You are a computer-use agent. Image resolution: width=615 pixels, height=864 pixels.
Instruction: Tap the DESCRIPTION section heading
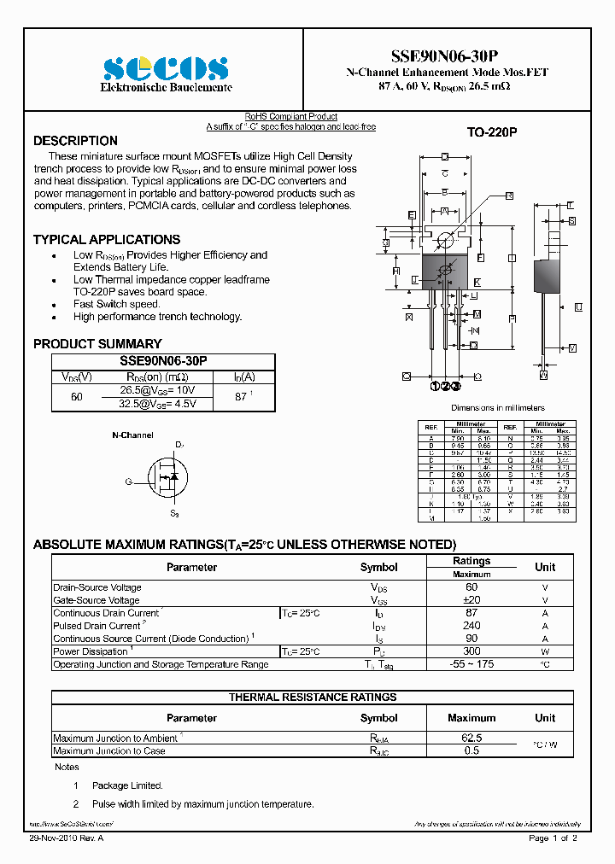pyautogui.click(x=75, y=141)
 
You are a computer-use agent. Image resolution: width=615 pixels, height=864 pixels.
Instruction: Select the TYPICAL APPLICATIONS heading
pyautogui.click(x=107, y=240)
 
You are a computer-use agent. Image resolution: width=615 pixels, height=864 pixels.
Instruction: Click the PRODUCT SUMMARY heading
pyautogui.click(x=97, y=344)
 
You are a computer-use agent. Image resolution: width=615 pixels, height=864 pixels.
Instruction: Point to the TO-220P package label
pyautogui.click(x=493, y=133)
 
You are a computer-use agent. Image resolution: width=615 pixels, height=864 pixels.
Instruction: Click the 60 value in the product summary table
pyautogui.click(x=77, y=397)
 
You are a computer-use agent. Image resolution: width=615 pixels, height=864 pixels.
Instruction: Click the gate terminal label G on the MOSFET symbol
pyautogui.click(x=128, y=482)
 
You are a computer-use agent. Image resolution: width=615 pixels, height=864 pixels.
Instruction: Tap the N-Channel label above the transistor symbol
pyautogui.click(x=133, y=435)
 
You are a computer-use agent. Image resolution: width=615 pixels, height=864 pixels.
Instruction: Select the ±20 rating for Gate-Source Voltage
pyautogui.click(x=471, y=600)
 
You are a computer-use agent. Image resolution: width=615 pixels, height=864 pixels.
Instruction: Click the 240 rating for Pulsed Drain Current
pyautogui.click(x=471, y=626)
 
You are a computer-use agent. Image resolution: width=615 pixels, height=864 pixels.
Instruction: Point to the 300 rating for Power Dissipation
pyautogui.click(x=471, y=651)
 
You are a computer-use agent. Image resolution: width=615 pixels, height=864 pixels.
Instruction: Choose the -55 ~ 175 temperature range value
pyautogui.click(x=471, y=664)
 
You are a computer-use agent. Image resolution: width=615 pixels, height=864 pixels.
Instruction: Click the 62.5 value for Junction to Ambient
pyautogui.click(x=471, y=738)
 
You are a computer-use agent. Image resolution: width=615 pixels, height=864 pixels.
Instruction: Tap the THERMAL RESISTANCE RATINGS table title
pyautogui.click(x=313, y=698)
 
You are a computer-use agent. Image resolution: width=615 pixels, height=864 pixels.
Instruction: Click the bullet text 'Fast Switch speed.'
pyautogui.click(x=116, y=304)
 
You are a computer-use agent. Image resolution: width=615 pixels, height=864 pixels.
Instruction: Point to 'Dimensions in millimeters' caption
pyautogui.click(x=497, y=408)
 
